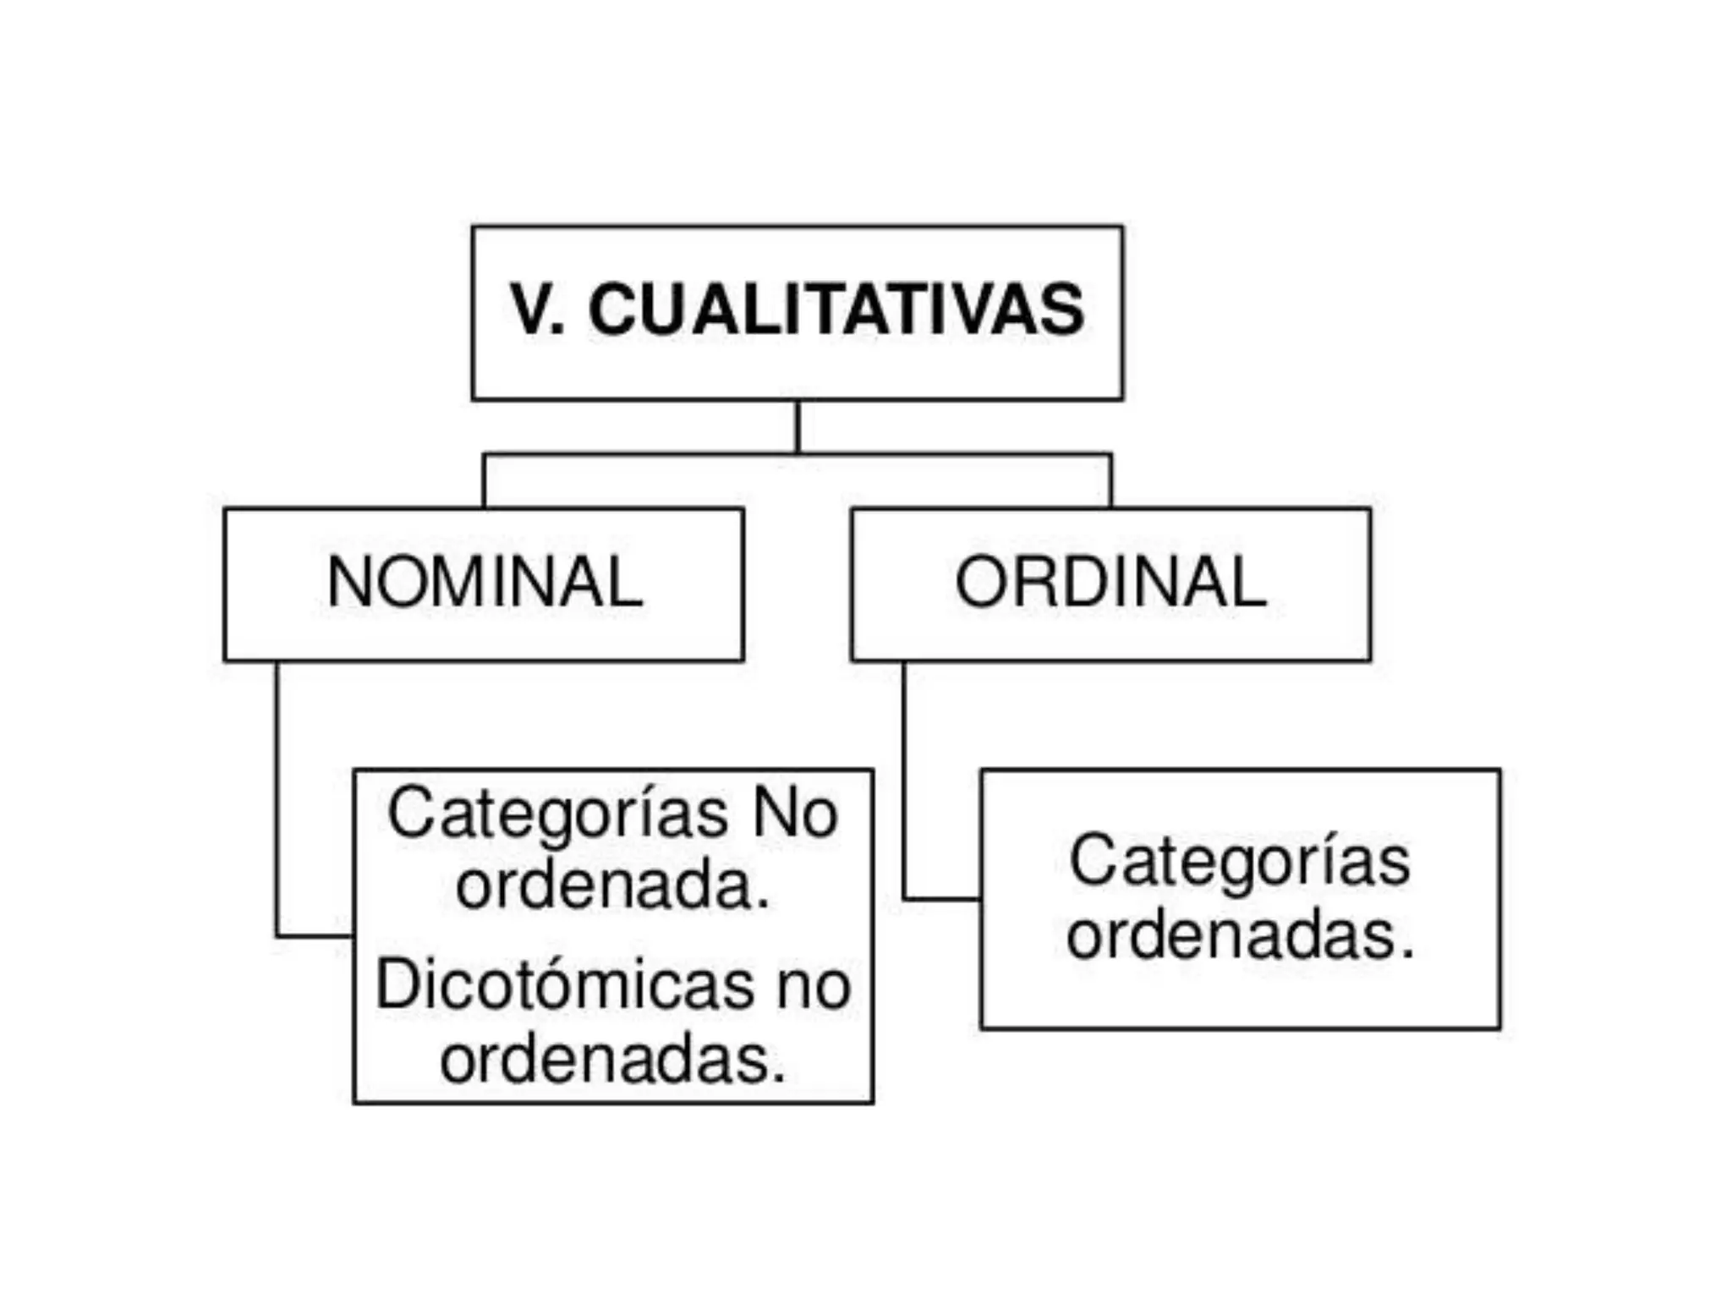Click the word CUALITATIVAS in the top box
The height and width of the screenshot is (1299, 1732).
(x=836, y=310)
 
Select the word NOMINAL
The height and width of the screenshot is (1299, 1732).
(x=485, y=582)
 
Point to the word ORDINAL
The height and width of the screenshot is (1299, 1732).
(x=1110, y=582)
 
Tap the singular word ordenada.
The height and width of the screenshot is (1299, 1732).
(x=613, y=886)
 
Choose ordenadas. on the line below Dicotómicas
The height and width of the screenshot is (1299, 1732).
(x=613, y=1059)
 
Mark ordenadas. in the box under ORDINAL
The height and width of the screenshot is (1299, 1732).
(x=1240, y=936)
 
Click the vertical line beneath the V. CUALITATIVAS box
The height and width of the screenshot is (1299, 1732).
(x=797, y=426)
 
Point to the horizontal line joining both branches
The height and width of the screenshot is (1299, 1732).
(x=643, y=455)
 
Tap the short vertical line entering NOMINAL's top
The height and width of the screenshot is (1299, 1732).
(x=484, y=482)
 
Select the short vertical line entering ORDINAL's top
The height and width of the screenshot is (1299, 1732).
(x=1110, y=482)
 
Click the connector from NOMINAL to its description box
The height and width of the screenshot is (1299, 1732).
(x=277, y=803)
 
